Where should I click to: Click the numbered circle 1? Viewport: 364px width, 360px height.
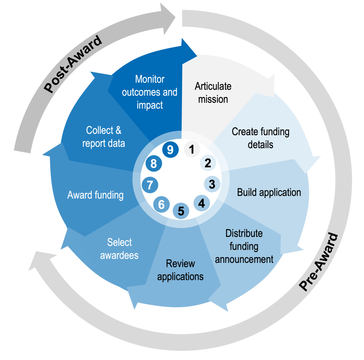(x=192, y=149)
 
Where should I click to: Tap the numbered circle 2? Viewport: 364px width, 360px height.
(x=208, y=163)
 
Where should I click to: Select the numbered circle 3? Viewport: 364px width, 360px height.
(x=212, y=184)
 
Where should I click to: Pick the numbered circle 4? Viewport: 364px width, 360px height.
(x=202, y=203)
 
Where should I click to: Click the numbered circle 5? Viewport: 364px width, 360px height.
(x=181, y=211)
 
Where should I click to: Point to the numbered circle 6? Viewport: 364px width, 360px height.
(x=161, y=205)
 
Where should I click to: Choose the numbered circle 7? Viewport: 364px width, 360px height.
(x=150, y=185)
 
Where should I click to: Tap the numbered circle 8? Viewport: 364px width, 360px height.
(x=154, y=164)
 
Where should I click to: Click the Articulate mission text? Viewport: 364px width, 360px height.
(x=213, y=93)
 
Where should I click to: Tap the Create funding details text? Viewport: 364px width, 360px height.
(x=260, y=138)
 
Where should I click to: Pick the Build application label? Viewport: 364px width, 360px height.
(x=269, y=192)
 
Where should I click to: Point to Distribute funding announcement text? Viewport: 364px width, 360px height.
(x=244, y=246)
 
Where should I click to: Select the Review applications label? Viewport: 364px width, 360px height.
(x=181, y=270)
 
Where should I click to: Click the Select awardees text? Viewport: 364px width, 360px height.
(x=119, y=249)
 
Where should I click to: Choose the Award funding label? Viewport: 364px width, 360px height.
(x=95, y=195)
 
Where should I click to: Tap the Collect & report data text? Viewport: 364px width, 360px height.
(x=103, y=137)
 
